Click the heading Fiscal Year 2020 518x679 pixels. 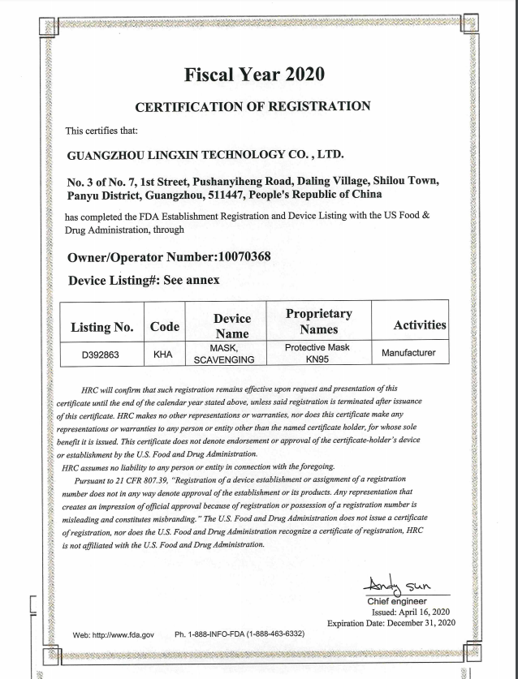tap(254, 75)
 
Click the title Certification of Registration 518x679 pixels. tap(253, 106)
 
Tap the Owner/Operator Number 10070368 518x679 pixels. tap(240, 257)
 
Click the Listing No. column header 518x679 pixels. tap(101, 327)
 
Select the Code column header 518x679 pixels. tap(165, 327)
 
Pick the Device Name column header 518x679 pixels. tap(232, 326)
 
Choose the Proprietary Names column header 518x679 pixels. tap(318, 320)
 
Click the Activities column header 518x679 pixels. tap(419, 325)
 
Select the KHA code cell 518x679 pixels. tap(165, 354)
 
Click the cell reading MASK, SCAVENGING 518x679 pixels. tap(232, 354)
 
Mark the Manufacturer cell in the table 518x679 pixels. tap(408, 353)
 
